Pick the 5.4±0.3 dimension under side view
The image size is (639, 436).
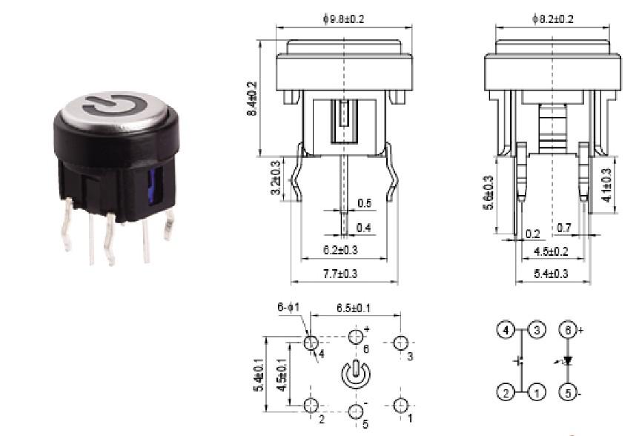(552, 274)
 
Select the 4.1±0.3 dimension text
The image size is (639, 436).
(606, 185)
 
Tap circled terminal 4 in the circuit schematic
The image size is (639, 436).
(505, 330)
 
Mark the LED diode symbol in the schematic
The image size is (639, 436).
(568, 361)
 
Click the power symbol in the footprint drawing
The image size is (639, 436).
(355, 373)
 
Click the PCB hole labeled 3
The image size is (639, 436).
(401, 343)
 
